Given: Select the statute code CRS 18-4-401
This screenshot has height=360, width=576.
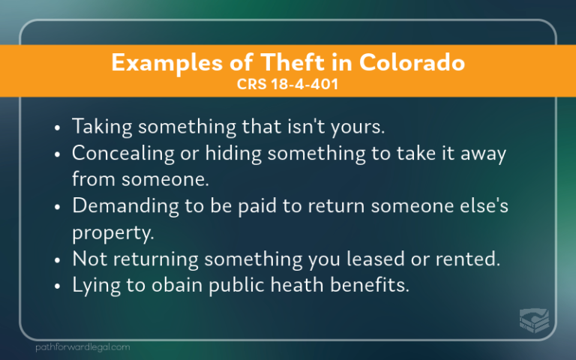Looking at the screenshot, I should click(x=288, y=84).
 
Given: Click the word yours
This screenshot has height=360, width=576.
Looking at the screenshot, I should click(x=358, y=127).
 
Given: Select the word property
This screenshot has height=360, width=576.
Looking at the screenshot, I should click(x=112, y=232).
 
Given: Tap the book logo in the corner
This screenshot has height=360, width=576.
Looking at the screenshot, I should click(x=534, y=319).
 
